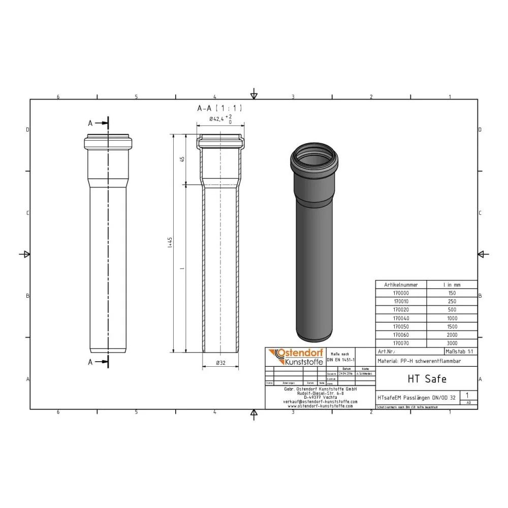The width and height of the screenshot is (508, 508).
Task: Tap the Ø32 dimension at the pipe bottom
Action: [x=220, y=363]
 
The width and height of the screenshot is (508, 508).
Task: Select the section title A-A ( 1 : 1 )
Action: [x=219, y=108]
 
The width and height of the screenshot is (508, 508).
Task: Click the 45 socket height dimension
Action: [x=182, y=158]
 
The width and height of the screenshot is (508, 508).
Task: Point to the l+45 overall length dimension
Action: [x=170, y=242]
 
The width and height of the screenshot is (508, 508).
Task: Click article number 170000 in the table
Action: [x=401, y=293]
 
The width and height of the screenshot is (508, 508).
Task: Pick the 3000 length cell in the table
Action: [x=452, y=343]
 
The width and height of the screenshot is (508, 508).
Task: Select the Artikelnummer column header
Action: [x=401, y=284]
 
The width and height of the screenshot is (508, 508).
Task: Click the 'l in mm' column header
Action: [x=452, y=284]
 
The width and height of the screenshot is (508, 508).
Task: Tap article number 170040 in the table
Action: [x=401, y=318]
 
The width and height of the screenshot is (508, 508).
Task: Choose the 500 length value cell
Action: [x=452, y=310]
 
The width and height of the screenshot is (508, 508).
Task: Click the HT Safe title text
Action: [x=420, y=378]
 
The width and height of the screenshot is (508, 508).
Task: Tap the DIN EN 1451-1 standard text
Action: [x=342, y=359]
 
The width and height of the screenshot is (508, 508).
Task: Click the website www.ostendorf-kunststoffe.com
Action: [x=320, y=406]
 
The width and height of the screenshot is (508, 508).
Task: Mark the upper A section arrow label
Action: [x=90, y=123]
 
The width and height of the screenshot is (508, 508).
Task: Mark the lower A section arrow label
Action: [x=90, y=362]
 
